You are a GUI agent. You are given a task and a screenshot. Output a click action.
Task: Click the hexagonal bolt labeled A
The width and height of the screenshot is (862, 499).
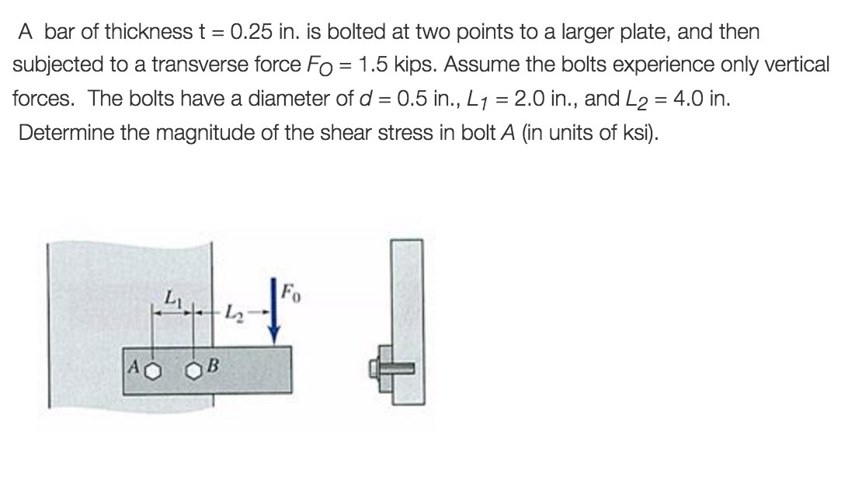click(x=154, y=372)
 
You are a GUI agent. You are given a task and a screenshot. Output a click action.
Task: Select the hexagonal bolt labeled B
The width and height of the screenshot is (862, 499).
click(x=193, y=372)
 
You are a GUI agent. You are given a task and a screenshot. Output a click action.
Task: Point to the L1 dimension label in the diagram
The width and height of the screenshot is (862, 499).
click(x=172, y=298)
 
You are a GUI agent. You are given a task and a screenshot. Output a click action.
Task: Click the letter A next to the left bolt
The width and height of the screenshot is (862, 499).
click(x=134, y=366)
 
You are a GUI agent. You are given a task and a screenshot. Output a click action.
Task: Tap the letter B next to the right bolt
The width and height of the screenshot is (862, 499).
click(x=213, y=365)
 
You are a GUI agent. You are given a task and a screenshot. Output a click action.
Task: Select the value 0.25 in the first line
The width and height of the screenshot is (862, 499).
click(x=252, y=32)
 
